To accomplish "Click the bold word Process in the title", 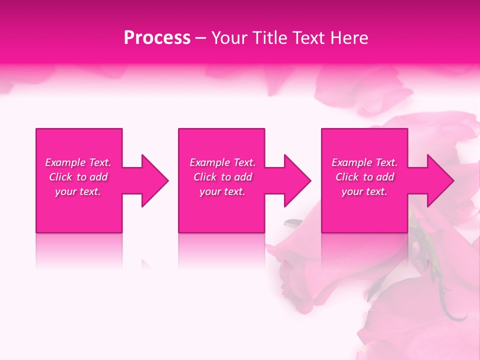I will coord(157,38).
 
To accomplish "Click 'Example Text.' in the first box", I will coord(78,162).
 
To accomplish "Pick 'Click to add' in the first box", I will coord(78,177).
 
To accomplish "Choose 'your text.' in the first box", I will coord(78,191).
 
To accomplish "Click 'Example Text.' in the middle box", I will coord(222,162).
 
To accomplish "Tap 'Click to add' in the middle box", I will coord(222,177).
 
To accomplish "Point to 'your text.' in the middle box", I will coord(222,191).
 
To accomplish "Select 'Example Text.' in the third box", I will coord(364,162).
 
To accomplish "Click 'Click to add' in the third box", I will coord(364,177).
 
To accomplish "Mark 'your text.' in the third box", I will coord(364,191).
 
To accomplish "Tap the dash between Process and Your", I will coord(200,38).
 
